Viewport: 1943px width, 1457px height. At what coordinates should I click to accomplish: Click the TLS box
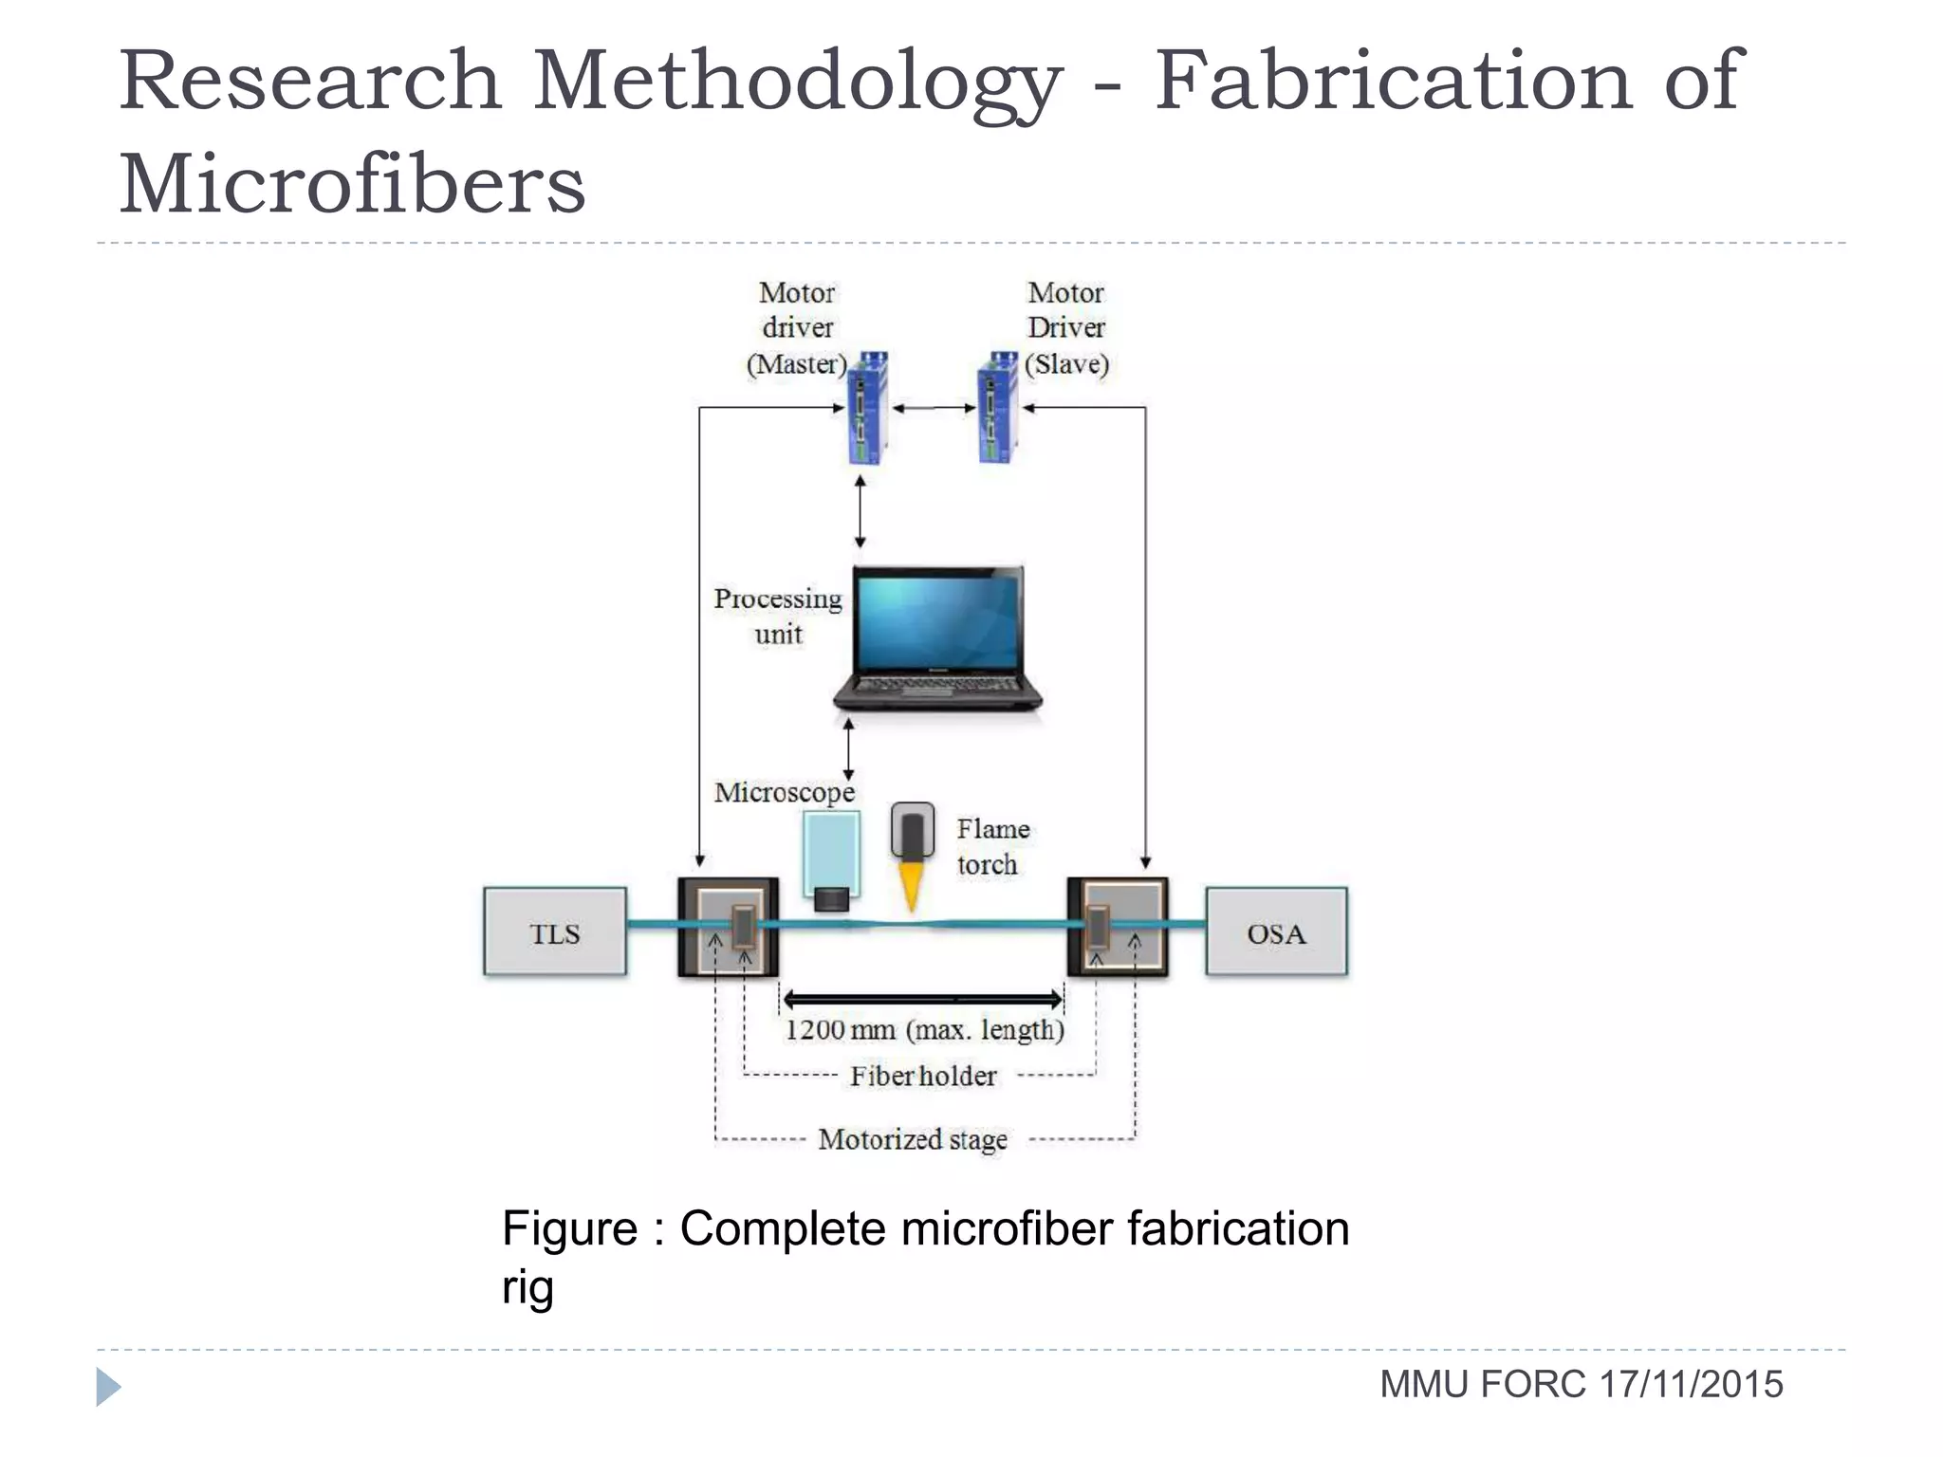click(555, 931)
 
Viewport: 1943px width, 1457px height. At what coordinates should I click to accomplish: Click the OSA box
click(1276, 931)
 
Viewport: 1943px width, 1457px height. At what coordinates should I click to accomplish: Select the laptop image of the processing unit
click(937, 637)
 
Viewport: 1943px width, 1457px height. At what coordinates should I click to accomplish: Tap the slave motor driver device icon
click(997, 408)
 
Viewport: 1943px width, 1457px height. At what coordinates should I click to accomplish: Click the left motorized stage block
click(728, 928)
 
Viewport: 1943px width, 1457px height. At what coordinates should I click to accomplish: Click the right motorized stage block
click(1118, 928)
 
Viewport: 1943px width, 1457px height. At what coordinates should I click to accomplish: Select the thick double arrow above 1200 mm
click(922, 999)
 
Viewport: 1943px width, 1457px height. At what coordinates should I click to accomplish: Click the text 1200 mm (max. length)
click(924, 1029)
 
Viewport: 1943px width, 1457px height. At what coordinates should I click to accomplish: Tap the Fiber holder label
click(923, 1076)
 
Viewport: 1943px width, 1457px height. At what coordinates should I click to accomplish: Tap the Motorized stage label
click(913, 1138)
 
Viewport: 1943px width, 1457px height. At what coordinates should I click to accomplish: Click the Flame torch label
click(991, 846)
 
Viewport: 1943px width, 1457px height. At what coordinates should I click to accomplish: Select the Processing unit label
click(778, 617)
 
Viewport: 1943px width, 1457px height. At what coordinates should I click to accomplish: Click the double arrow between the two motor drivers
click(934, 408)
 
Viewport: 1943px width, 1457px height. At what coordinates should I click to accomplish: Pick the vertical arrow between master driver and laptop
click(860, 512)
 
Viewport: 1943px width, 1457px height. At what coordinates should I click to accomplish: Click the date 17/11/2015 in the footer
click(1691, 1384)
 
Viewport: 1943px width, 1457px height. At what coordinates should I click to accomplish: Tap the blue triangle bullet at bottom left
click(107, 1387)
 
